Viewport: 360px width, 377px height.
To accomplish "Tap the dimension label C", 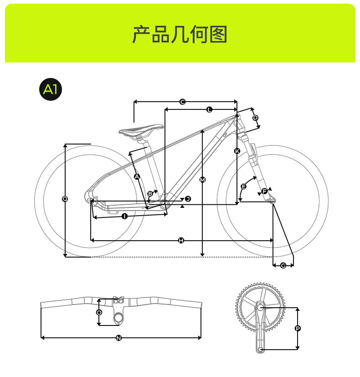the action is click(182, 102).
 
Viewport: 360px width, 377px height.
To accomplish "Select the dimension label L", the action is click(209, 109).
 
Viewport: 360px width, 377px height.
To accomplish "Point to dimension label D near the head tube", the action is click(255, 118).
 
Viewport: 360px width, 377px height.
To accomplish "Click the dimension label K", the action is click(237, 150).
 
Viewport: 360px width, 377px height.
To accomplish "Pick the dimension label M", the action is click(203, 180).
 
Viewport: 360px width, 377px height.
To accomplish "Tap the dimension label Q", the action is click(65, 199).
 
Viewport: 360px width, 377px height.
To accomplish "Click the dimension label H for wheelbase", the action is click(181, 240).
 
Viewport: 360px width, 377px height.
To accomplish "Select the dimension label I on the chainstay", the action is click(124, 216).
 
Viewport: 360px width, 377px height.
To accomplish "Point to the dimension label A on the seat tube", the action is click(137, 176).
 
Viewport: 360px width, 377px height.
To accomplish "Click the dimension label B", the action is click(150, 194).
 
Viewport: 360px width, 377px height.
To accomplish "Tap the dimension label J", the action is click(187, 199).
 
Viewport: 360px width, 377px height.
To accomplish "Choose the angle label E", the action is click(243, 186).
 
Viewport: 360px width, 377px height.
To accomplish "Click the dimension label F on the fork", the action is click(264, 191).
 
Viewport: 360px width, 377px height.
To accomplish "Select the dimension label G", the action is click(283, 265).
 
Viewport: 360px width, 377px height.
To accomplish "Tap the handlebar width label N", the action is click(118, 338).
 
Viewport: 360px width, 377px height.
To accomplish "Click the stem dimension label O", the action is click(99, 312).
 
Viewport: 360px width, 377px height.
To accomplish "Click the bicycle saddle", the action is click(141, 130).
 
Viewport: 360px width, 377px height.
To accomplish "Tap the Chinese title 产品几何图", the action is click(180, 35).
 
